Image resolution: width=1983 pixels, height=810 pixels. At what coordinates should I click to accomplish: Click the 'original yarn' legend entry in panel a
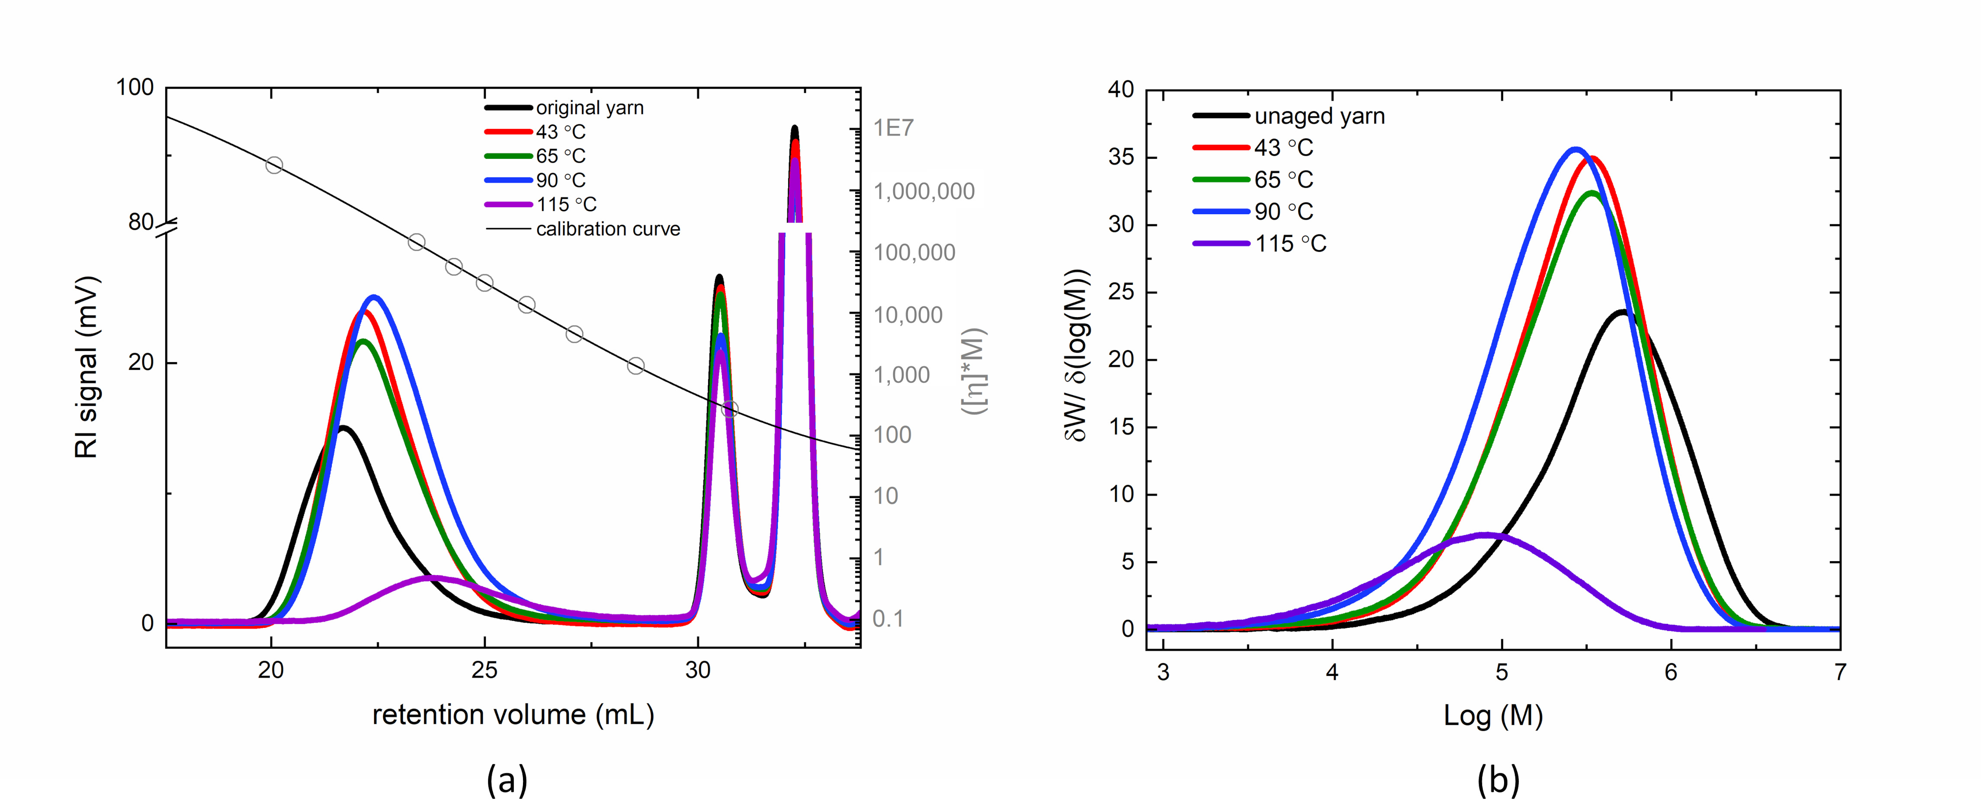pyautogui.click(x=589, y=108)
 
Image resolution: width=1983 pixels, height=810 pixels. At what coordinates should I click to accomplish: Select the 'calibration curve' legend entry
pyautogui.click(x=607, y=229)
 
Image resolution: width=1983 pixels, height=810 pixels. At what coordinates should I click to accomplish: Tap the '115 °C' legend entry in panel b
pyautogui.click(x=1290, y=244)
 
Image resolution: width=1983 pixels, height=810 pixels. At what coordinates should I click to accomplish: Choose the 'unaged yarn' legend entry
pyautogui.click(x=1319, y=116)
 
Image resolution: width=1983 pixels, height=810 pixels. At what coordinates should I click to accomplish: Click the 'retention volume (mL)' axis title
pyautogui.click(x=513, y=714)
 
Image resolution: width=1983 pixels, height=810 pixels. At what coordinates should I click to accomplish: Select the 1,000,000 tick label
pyautogui.click(x=924, y=191)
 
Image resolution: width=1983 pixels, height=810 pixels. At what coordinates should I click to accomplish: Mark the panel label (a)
pyautogui.click(x=507, y=780)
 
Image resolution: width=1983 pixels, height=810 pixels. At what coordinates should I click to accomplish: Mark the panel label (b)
pyautogui.click(x=1498, y=780)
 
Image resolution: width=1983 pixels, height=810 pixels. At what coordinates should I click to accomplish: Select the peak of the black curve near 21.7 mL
pyautogui.click(x=343, y=427)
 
